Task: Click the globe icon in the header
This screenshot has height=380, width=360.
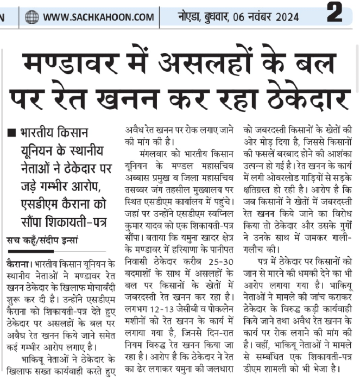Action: click(x=32, y=17)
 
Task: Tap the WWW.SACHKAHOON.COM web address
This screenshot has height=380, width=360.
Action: click(x=98, y=17)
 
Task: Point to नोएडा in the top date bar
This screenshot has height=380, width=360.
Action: click(x=189, y=17)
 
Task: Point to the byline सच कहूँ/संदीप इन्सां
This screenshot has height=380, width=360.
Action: click(x=42, y=239)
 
